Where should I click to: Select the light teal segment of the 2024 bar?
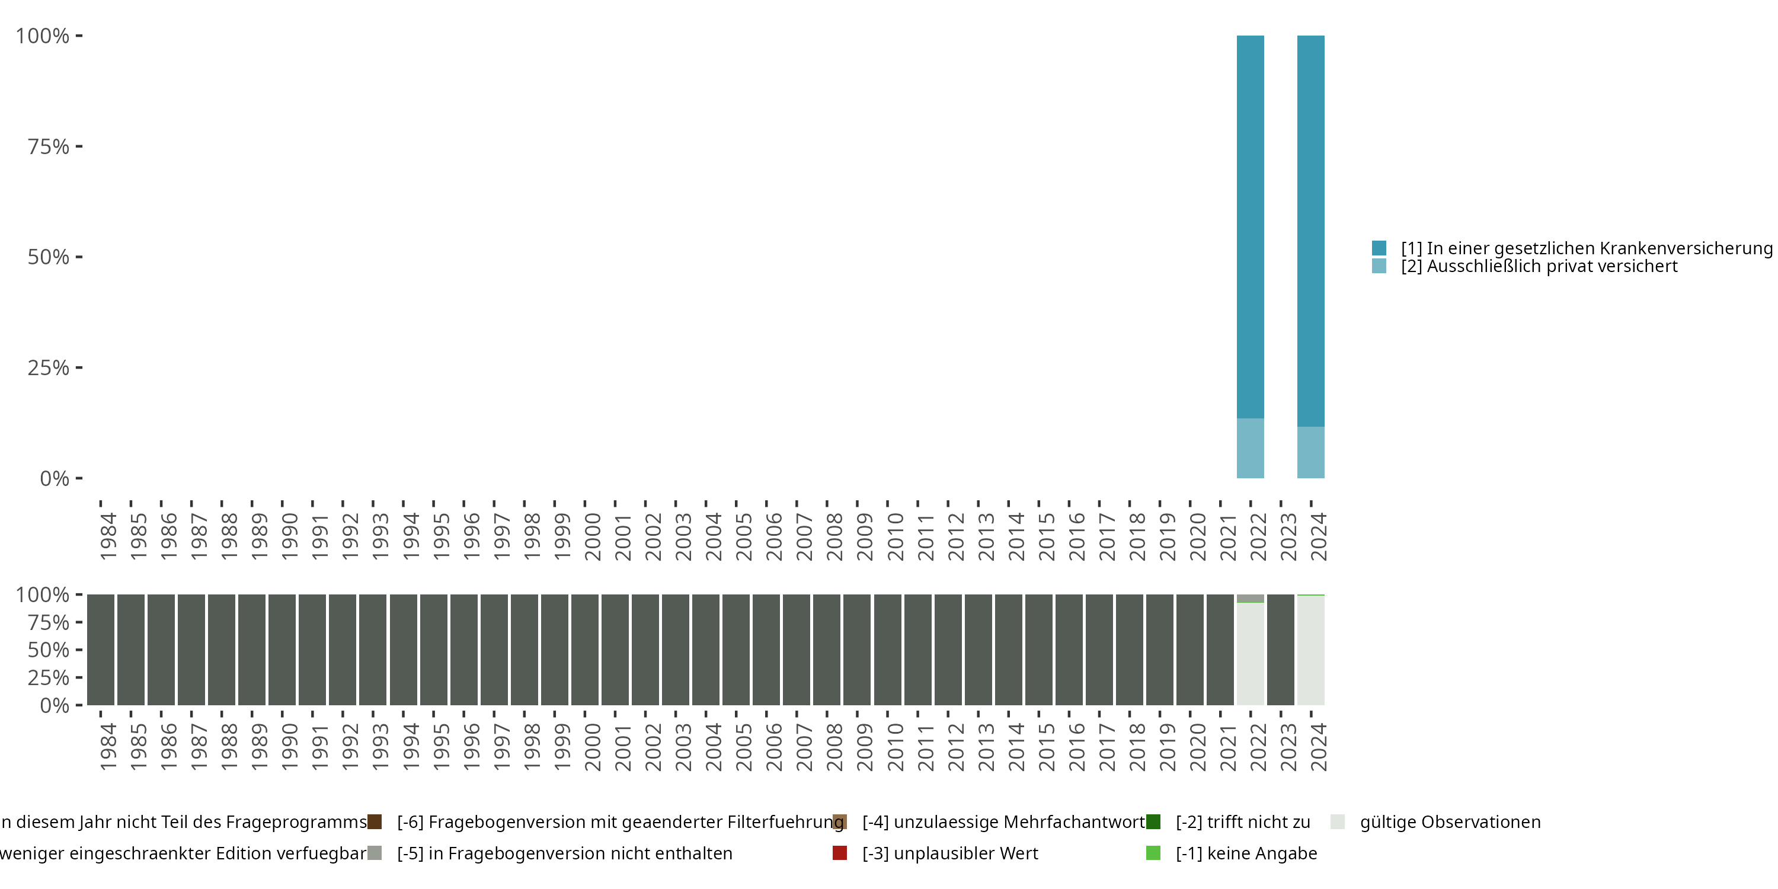pyautogui.click(x=1311, y=452)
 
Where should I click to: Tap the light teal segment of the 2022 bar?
pyautogui.click(x=1250, y=448)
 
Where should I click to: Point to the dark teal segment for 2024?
pyautogui.click(x=1311, y=231)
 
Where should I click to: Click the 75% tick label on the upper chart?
pyautogui.click(x=49, y=146)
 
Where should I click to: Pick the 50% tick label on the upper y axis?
pyautogui.click(x=49, y=257)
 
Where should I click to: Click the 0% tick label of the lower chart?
pyautogui.click(x=55, y=705)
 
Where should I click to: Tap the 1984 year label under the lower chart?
pyautogui.click(x=108, y=747)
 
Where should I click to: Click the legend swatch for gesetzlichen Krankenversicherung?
pyautogui.click(x=1379, y=248)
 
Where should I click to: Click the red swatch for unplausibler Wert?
pyautogui.click(x=839, y=853)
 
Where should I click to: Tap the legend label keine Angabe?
pyautogui.click(x=1246, y=853)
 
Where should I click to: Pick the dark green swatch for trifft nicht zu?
pyautogui.click(x=1153, y=822)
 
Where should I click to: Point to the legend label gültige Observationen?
pyautogui.click(x=1450, y=822)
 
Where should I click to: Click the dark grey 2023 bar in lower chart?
pyautogui.click(x=1280, y=650)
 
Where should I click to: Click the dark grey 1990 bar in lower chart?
pyautogui.click(x=282, y=650)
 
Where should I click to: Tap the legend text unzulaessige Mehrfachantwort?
pyautogui.click(x=1003, y=822)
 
